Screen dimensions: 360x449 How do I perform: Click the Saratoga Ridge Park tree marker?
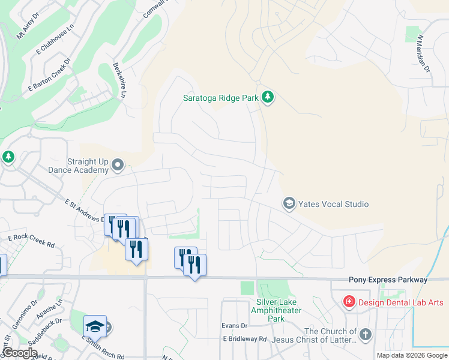click(x=268, y=97)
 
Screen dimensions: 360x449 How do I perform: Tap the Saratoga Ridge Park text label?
click(x=221, y=98)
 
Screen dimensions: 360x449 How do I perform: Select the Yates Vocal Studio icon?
click(x=289, y=204)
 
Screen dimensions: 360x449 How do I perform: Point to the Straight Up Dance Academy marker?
click(x=118, y=164)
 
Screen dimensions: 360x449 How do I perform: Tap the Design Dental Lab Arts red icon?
click(x=349, y=302)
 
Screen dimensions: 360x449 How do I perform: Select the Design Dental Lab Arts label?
click(x=400, y=302)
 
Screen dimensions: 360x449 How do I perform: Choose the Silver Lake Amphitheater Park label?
click(x=278, y=310)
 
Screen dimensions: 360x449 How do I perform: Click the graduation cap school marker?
click(x=95, y=326)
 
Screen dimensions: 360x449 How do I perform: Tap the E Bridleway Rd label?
click(x=244, y=339)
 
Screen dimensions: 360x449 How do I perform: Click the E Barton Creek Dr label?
click(x=49, y=75)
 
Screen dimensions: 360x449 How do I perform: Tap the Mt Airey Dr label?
click(x=27, y=27)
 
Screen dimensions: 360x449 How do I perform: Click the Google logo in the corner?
click(x=19, y=353)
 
